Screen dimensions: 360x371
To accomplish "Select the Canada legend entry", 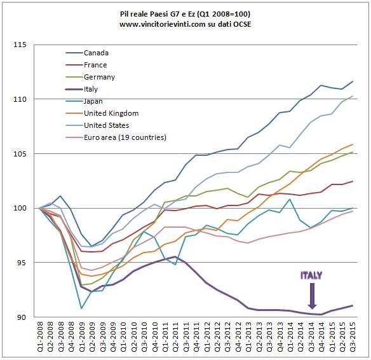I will (x=97, y=53).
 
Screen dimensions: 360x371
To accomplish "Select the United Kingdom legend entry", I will (x=110, y=113).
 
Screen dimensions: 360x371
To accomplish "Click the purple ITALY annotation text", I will (x=311, y=275).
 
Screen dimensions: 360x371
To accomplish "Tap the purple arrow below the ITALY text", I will (x=311, y=294).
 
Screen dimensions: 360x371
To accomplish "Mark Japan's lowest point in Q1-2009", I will (x=81, y=308).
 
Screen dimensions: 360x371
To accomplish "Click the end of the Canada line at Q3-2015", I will (x=353, y=81).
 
